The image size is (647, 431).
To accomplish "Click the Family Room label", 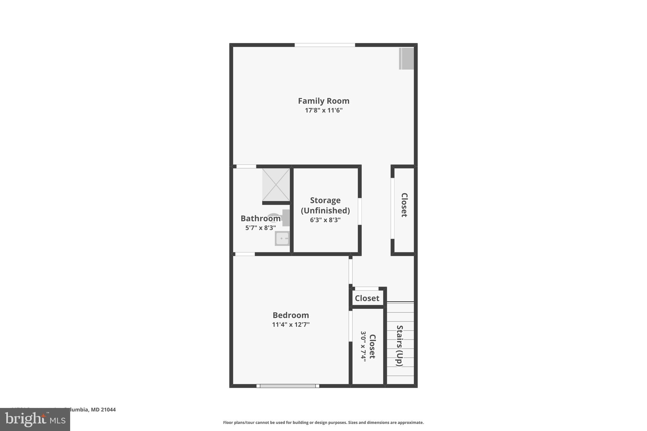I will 323,101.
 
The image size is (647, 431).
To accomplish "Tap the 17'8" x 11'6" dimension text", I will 323,111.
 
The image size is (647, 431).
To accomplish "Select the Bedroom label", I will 291,315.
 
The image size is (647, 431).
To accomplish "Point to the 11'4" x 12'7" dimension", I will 291,325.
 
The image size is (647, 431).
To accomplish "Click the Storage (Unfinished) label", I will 325,205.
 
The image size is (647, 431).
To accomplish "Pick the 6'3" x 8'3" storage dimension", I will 325,220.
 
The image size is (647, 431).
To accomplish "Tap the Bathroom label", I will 260,218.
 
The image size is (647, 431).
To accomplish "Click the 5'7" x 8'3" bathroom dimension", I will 260,228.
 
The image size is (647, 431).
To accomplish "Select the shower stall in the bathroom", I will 276,185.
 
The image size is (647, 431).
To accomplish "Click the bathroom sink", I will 282,238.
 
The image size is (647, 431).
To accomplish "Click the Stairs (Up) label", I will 400,346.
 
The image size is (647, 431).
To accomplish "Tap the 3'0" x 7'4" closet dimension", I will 363,346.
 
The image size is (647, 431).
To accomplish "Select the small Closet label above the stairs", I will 367,298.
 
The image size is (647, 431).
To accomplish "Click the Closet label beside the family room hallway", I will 404,205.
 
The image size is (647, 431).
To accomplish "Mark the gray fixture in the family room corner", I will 406,59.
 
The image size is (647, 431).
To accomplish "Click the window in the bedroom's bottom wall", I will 287,386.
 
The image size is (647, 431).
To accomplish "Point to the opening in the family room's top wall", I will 325,45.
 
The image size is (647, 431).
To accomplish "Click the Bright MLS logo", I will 35,420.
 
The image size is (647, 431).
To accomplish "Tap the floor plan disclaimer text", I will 323,422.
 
